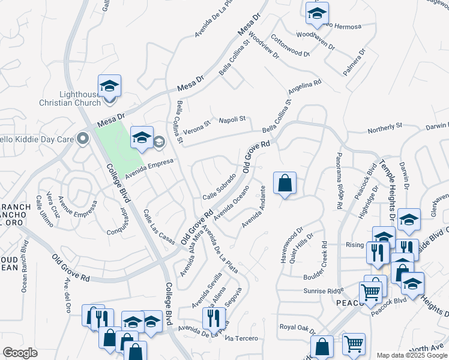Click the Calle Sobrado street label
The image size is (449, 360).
(218, 189)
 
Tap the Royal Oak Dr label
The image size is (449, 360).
(297, 328)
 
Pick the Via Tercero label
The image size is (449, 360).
(241, 338)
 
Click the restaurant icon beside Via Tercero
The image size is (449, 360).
(213, 317)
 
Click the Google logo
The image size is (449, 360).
(20, 353)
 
